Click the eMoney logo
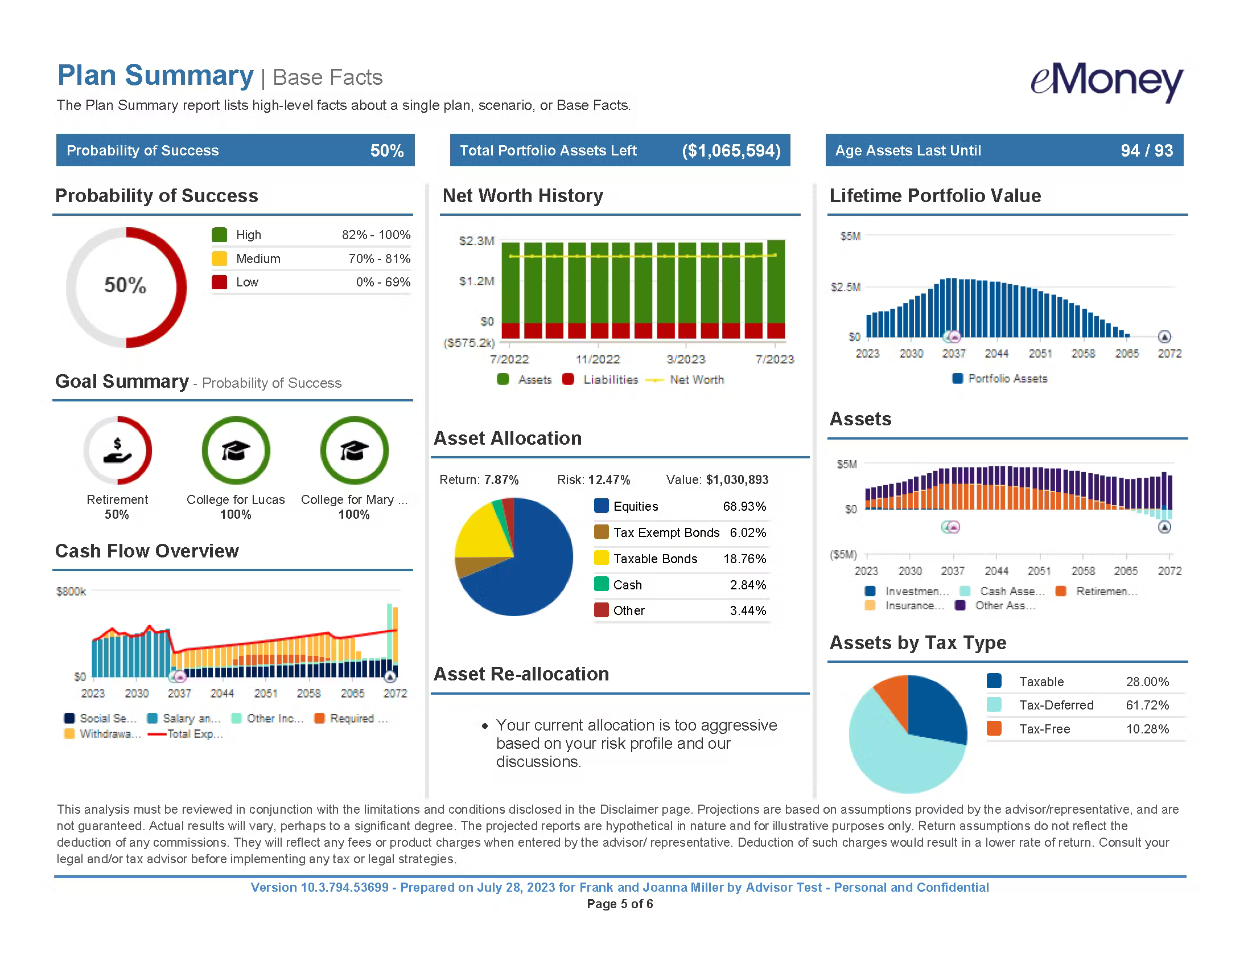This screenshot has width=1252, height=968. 1106,81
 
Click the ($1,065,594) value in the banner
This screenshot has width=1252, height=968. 731,151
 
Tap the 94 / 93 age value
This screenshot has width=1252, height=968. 1147,151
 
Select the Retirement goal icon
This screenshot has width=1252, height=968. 118,451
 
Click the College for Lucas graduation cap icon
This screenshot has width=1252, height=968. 236,451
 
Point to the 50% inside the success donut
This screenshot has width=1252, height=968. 125,285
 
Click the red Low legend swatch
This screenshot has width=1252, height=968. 220,282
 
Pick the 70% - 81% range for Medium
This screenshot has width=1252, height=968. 379,259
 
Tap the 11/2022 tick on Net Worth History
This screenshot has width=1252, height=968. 598,359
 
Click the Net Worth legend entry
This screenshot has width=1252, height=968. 696,380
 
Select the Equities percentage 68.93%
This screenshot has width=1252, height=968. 744,506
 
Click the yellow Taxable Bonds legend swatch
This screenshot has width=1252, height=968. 602,558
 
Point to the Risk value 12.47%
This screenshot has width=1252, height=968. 609,479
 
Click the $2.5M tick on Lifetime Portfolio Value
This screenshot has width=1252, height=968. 846,287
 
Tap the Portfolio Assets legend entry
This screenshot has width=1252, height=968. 1007,379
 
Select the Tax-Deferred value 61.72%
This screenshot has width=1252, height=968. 1147,705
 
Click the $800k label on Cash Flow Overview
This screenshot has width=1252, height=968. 71,591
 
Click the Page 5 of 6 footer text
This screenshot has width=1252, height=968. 620,904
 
